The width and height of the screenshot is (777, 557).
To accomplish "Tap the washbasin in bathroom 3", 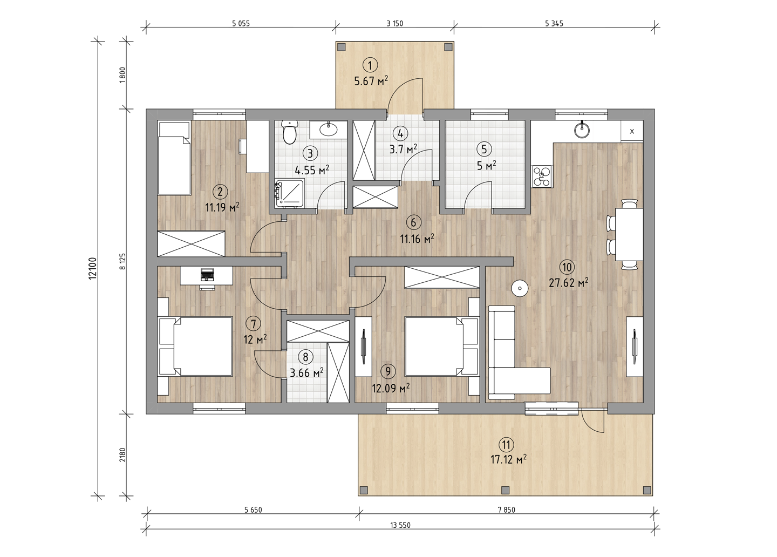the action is point(328,130).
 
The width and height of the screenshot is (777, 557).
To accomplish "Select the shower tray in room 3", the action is point(290,194).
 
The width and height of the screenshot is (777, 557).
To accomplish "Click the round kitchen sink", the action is point(582,130).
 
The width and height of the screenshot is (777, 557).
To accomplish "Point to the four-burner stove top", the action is point(542,176).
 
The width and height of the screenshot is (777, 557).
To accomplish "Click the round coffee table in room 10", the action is point(520,288).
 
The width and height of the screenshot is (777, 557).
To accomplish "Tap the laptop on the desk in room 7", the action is point(208,275).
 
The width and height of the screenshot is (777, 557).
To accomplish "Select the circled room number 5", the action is point(484,149).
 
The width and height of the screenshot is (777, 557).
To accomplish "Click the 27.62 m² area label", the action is point(568,283).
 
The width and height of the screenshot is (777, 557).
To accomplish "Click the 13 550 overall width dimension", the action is point(400,525).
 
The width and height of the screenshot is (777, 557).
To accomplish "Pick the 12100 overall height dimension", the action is point(92,268).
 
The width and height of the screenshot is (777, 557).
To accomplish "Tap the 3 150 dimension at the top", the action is point(395,24).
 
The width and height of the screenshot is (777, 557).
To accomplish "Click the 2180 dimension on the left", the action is point(122,454).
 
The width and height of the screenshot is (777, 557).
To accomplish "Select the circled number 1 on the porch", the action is point(370,65).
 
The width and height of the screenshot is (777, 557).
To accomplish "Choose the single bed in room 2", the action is point(174,158).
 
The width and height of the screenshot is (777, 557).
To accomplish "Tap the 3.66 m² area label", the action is point(306,373).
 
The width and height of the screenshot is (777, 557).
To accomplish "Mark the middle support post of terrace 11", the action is point(506,490).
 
